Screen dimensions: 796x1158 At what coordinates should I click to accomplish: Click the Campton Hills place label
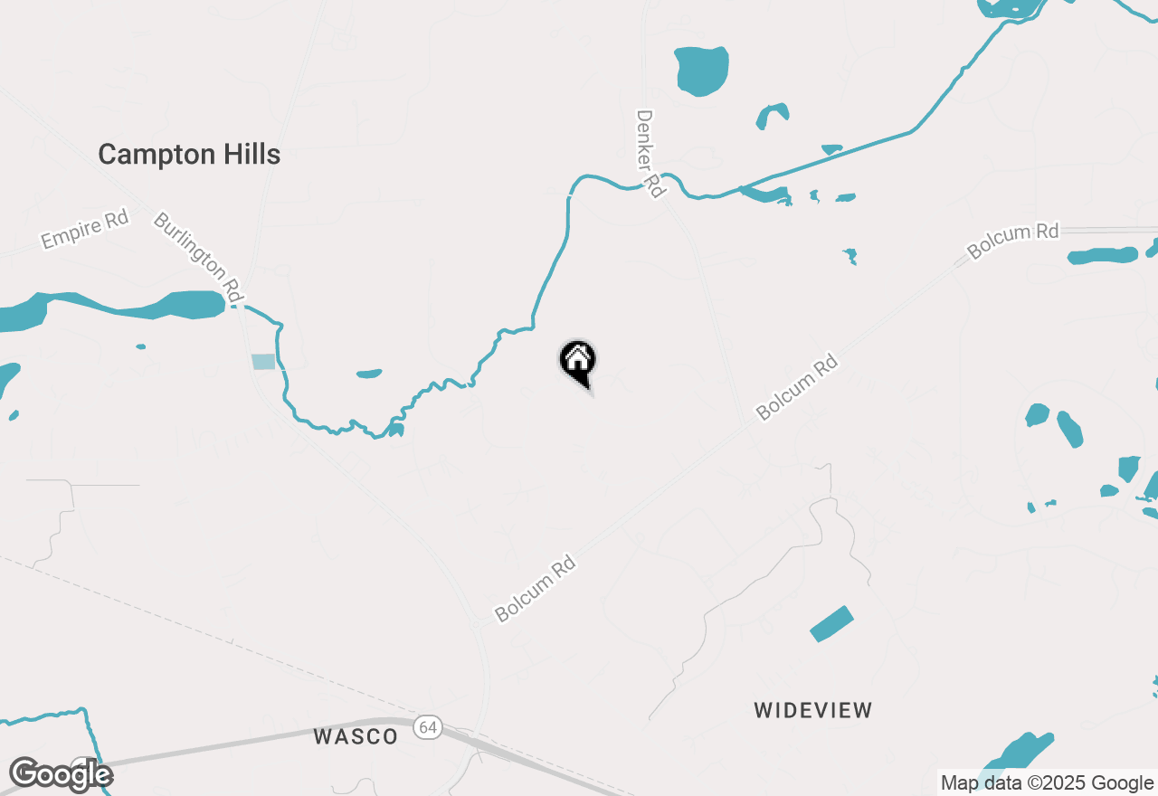click(189, 155)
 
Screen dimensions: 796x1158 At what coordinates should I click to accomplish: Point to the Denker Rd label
click(649, 153)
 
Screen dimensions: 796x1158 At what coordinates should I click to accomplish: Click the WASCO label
click(356, 736)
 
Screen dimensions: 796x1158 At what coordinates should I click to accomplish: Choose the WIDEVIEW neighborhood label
click(813, 710)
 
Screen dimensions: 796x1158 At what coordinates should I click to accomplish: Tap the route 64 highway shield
click(428, 727)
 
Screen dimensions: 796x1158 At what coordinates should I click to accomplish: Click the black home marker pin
click(577, 361)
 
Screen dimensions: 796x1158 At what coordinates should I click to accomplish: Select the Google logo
click(61, 774)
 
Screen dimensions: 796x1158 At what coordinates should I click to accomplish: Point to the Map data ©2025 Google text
click(1047, 783)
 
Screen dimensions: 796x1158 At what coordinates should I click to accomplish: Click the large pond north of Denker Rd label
click(701, 71)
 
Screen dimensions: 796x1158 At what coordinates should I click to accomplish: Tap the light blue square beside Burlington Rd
click(262, 362)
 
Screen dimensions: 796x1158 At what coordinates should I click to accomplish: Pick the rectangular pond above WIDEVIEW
click(831, 624)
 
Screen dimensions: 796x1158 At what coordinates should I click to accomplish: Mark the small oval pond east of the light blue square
click(369, 374)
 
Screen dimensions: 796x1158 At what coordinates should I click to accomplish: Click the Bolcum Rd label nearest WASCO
click(536, 590)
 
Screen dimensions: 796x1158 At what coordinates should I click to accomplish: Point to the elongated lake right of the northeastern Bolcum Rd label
click(1102, 256)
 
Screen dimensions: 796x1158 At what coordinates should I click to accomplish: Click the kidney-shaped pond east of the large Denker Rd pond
click(772, 115)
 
